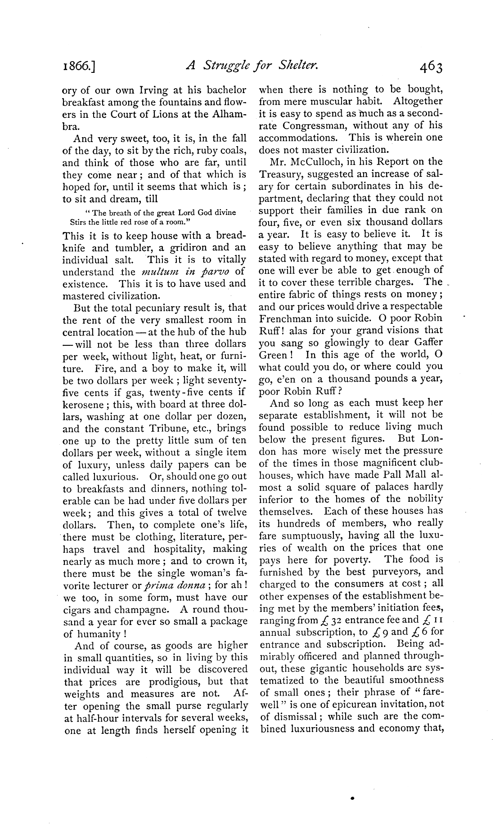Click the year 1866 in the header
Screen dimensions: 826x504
pyautogui.click(x=79, y=67)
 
